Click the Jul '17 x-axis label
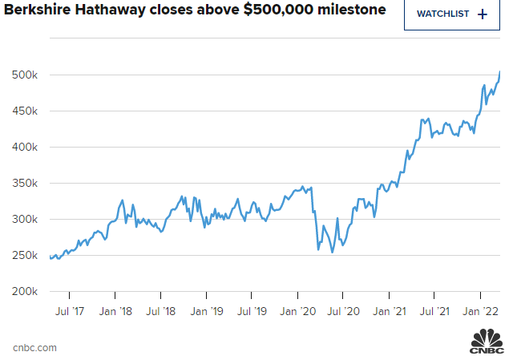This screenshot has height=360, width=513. pos(69,310)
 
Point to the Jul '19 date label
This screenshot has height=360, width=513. pos(252,310)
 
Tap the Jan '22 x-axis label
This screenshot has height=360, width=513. pos(483,310)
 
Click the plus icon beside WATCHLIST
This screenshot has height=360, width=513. pos(482,14)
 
